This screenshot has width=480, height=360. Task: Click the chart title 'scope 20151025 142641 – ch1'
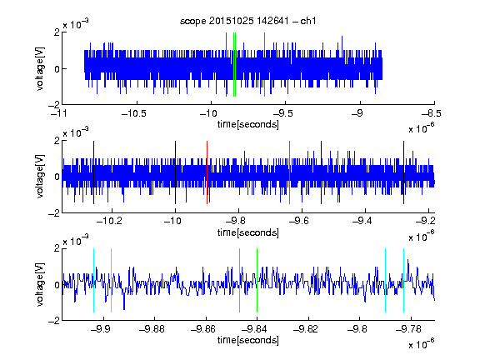[x=248, y=21]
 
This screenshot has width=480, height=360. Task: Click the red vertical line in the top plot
[x=226, y=65]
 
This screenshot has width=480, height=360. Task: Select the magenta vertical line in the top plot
[x=264, y=65]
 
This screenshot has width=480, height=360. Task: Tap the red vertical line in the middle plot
[x=207, y=172]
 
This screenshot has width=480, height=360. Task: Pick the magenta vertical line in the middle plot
[x=290, y=172]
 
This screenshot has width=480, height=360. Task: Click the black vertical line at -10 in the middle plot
[x=175, y=172]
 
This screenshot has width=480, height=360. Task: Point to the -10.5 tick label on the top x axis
[x=134, y=113]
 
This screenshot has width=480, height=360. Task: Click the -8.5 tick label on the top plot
[x=431, y=113]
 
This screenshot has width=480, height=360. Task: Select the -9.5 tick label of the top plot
[x=282, y=113]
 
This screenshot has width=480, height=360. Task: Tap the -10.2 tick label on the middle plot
[x=109, y=221]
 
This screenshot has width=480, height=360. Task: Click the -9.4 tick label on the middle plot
[x=362, y=221]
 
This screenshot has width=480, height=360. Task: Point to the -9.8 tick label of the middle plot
[x=236, y=221]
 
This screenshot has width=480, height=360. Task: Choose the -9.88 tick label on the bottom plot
[x=152, y=329]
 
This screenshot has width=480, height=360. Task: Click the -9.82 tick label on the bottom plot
[x=306, y=329]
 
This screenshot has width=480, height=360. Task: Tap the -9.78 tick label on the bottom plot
[x=408, y=329]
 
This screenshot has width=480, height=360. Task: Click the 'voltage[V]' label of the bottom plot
[x=40, y=284]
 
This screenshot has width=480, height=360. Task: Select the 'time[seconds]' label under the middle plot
[x=248, y=232]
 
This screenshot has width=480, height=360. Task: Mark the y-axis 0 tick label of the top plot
[x=57, y=69]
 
